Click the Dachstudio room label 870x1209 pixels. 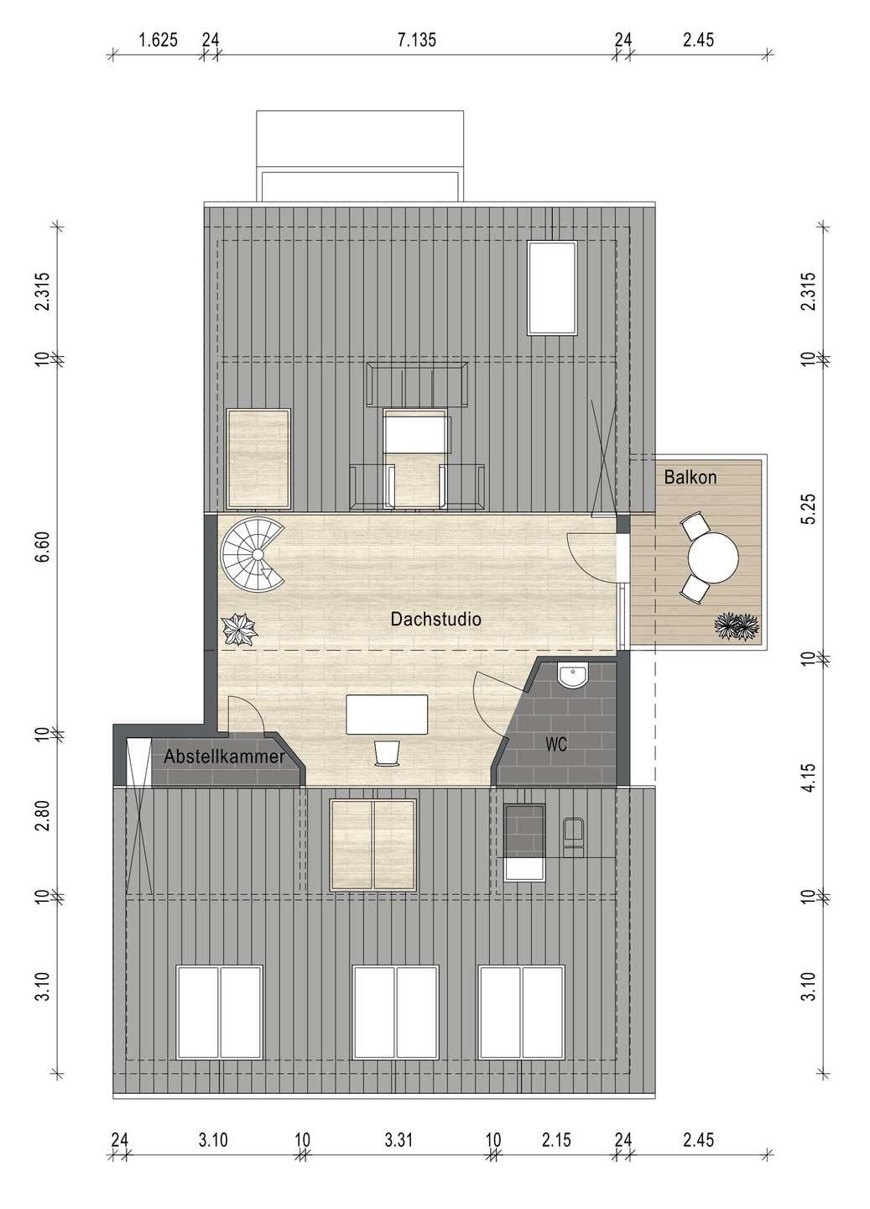coord(435,619)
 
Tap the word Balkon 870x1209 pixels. coord(690,477)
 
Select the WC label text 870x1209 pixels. coord(556,745)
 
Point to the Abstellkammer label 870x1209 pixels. coord(224,756)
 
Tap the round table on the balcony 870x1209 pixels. coord(713,558)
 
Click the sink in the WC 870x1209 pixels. coord(573,677)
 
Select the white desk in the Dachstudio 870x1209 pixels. coord(387,714)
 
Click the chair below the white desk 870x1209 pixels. coord(388,752)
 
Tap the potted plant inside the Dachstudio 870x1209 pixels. coord(239,629)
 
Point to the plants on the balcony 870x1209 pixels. coord(737,626)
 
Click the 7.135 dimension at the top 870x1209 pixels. coord(416,40)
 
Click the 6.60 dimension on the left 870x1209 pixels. coord(43,547)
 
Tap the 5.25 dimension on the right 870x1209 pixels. coord(809,509)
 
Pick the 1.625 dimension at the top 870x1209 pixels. coord(159,40)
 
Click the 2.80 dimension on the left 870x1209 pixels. coord(43,815)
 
